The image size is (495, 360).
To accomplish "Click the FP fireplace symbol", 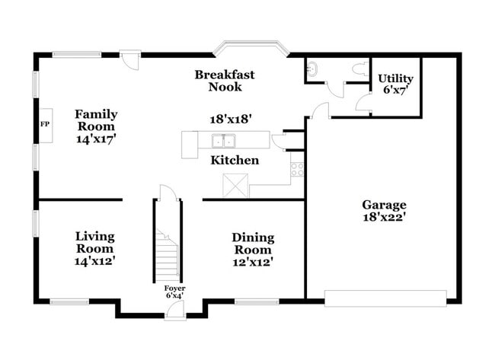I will point(45,124).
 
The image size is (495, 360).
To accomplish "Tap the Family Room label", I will point(95,120).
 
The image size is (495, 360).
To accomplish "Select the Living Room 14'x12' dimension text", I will point(95,260).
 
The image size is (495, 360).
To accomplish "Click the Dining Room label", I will point(252,244).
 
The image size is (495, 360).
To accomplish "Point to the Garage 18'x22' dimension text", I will point(384,216).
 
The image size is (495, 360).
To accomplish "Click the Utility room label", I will point(396,78).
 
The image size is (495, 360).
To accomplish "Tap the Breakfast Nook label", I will point(225,81).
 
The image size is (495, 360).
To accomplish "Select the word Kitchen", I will point(235,161).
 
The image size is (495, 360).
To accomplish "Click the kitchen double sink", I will point(224,140).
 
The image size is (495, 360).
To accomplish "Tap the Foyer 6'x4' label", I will point(174,292).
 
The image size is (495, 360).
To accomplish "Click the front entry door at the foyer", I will point(175,308).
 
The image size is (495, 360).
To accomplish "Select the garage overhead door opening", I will point(385,298).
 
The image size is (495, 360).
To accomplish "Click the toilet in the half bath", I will point(357,68).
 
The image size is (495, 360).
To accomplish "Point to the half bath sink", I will point(311,69).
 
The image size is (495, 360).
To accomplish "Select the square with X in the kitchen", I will point(235,185).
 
